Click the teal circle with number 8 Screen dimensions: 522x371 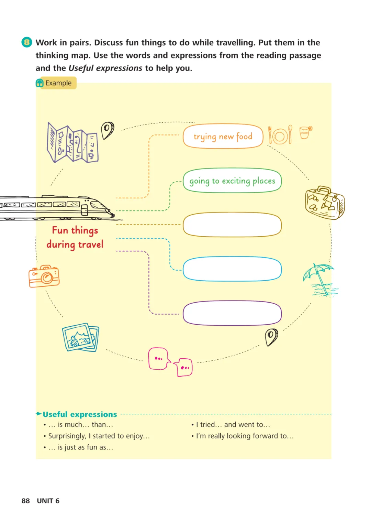click(26, 42)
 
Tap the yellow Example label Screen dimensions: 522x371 click(56, 83)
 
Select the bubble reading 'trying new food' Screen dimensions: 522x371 click(223, 136)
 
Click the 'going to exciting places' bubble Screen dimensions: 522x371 click(232, 181)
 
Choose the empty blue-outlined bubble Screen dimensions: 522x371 click(232, 269)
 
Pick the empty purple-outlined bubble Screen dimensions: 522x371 click(232, 313)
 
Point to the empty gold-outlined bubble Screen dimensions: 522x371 click(232, 225)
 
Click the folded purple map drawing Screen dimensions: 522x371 click(72, 142)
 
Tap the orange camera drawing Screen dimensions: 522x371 click(44, 276)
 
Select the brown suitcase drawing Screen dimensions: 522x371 click(324, 203)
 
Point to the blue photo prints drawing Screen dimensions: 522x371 click(81, 337)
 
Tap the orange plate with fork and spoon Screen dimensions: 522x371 click(280, 135)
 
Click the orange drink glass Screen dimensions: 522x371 click(305, 132)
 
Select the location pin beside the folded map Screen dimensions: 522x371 click(107, 130)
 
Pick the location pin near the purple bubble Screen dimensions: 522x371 click(271, 336)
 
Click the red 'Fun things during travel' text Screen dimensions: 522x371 click(75, 237)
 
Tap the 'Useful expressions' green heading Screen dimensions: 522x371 click(80, 414)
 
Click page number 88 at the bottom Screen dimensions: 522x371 click(25, 501)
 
